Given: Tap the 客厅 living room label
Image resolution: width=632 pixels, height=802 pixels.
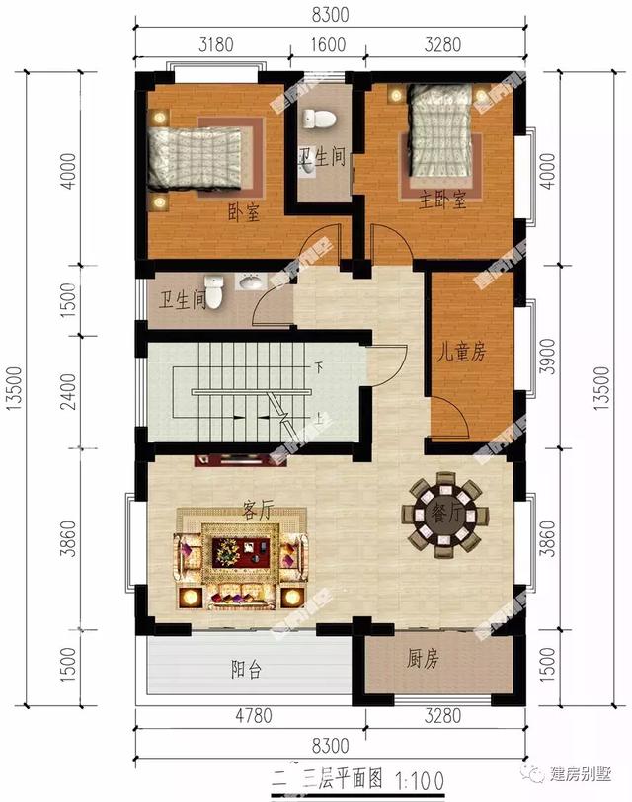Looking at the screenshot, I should tap(257, 510).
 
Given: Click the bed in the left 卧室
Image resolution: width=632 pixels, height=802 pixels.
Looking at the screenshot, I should tap(197, 156).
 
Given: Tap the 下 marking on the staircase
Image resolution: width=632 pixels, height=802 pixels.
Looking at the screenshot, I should tap(319, 367).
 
